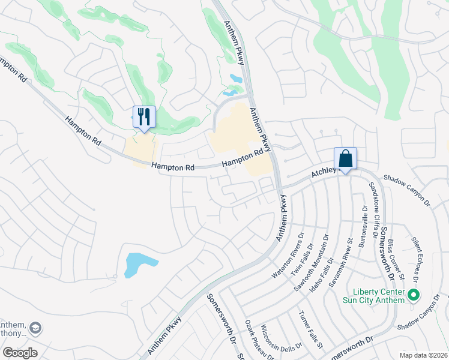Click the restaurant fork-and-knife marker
coord(144,116)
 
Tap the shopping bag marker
coord(345,159)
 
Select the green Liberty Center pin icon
coord(413,295)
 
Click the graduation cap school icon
coord(35,328)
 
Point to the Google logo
coord(20,353)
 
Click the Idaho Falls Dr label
coord(328,254)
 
